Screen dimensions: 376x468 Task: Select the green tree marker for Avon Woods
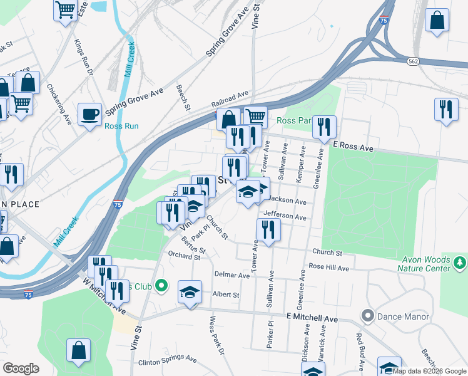click(461, 260)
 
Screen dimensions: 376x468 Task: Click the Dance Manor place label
click(403, 316)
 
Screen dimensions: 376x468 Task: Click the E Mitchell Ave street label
click(312, 319)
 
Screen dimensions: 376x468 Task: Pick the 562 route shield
click(412, 61)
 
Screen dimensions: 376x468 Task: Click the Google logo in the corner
click(21, 368)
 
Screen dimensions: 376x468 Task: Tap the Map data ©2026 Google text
click(430, 371)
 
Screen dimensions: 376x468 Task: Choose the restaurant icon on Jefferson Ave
click(268, 229)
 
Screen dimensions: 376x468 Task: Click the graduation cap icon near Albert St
click(190, 292)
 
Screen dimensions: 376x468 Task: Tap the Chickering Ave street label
click(64, 103)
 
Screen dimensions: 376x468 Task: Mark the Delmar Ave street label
click(231, 275)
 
